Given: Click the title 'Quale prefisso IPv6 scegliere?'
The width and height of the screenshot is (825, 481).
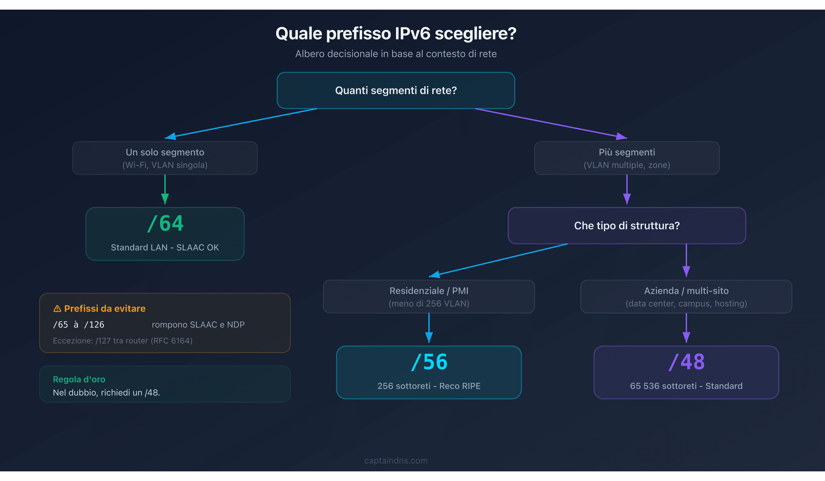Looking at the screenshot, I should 396,33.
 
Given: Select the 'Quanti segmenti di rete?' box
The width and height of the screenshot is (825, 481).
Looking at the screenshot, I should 396,90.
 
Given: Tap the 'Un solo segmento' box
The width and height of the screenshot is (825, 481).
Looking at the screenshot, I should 165,158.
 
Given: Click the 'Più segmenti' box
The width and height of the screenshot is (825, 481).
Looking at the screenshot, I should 627,158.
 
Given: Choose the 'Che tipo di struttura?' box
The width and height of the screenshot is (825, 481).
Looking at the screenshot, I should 627,225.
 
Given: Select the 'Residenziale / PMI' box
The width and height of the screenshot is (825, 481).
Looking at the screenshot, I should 429,296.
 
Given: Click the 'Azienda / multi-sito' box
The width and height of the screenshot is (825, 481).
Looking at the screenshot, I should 686,296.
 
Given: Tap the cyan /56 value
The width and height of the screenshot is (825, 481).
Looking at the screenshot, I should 429,362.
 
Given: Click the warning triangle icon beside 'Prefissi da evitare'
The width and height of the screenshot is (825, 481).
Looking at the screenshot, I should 57,309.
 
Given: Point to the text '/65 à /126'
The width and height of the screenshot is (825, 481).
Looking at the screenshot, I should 79,325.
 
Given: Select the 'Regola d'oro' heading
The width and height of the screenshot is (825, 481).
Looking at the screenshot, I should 79,379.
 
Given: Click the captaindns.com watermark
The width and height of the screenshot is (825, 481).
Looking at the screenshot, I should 396,460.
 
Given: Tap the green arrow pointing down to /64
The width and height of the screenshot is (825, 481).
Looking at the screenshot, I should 165,190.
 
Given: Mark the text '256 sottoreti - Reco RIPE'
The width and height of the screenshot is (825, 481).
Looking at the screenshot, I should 429,386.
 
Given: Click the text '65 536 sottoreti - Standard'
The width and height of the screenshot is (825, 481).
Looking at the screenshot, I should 686,386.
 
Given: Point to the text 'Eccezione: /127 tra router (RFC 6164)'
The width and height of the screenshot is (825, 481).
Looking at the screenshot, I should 122,341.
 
